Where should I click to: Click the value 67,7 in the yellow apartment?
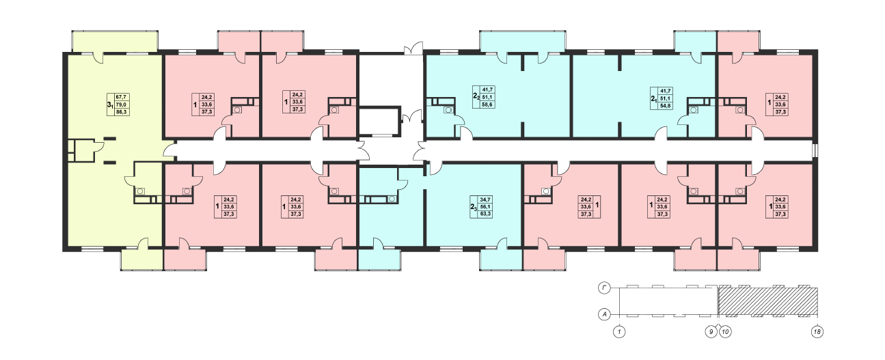[x=121, y=97]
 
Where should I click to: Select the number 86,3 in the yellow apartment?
[x=121, y=112]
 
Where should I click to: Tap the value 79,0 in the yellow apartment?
[x=121, y=105]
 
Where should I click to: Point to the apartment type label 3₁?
[x=110, y=105]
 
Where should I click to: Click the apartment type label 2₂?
[x=476, y=96]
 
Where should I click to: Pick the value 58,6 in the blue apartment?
[x=487, y=105]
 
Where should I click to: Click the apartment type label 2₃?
[x=474, y=207]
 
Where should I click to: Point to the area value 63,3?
[x=485, y=214]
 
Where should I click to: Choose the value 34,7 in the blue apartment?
[x=485, y=199]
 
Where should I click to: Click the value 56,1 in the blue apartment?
[x=485, y=207]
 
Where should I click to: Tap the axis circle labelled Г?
[x=603, y=289]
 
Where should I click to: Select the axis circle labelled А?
[x=603, y=315]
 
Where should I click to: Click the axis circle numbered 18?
[x=817, y=332]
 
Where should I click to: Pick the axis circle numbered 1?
[x=619, y=332]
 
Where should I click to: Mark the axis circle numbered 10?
[x=725, y=332]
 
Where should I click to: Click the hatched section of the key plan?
[x=767, y=302]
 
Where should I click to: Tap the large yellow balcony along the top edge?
[x=115, y=41]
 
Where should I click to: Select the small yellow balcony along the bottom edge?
[x=142, y=260]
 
